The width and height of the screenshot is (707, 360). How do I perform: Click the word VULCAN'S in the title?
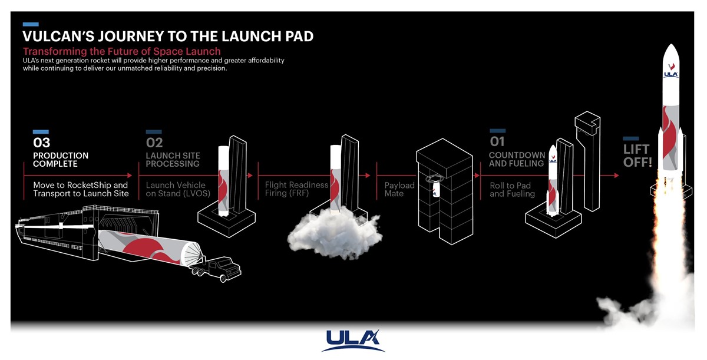[58, 37]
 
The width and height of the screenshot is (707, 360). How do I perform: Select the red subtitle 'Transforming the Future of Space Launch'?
[122, 51]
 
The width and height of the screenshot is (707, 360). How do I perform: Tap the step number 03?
[42, 143]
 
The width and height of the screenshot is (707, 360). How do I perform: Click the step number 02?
[154, 143]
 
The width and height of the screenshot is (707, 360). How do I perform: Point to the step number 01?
[497, 141]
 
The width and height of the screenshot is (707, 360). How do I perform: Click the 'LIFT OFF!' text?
[637, 156]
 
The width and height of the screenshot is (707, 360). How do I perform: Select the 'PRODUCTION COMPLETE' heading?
[61, 160]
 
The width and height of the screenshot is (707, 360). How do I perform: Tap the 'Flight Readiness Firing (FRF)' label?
[297, 189]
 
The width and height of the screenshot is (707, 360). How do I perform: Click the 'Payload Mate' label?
[399, 189]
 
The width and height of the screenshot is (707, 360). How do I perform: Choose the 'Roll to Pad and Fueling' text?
[512, 190]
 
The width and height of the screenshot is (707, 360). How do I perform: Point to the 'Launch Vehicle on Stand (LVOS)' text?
[178, 189]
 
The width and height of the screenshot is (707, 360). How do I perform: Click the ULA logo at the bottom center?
[353, 341]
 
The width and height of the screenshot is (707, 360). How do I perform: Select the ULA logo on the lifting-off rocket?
[670, 74]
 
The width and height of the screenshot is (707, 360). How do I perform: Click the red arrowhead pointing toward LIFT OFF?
[616, 176]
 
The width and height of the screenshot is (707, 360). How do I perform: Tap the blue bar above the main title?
[31, 24]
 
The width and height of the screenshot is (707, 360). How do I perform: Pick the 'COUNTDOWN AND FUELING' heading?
[517, 159]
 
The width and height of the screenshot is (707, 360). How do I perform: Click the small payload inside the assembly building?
[435, 189]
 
